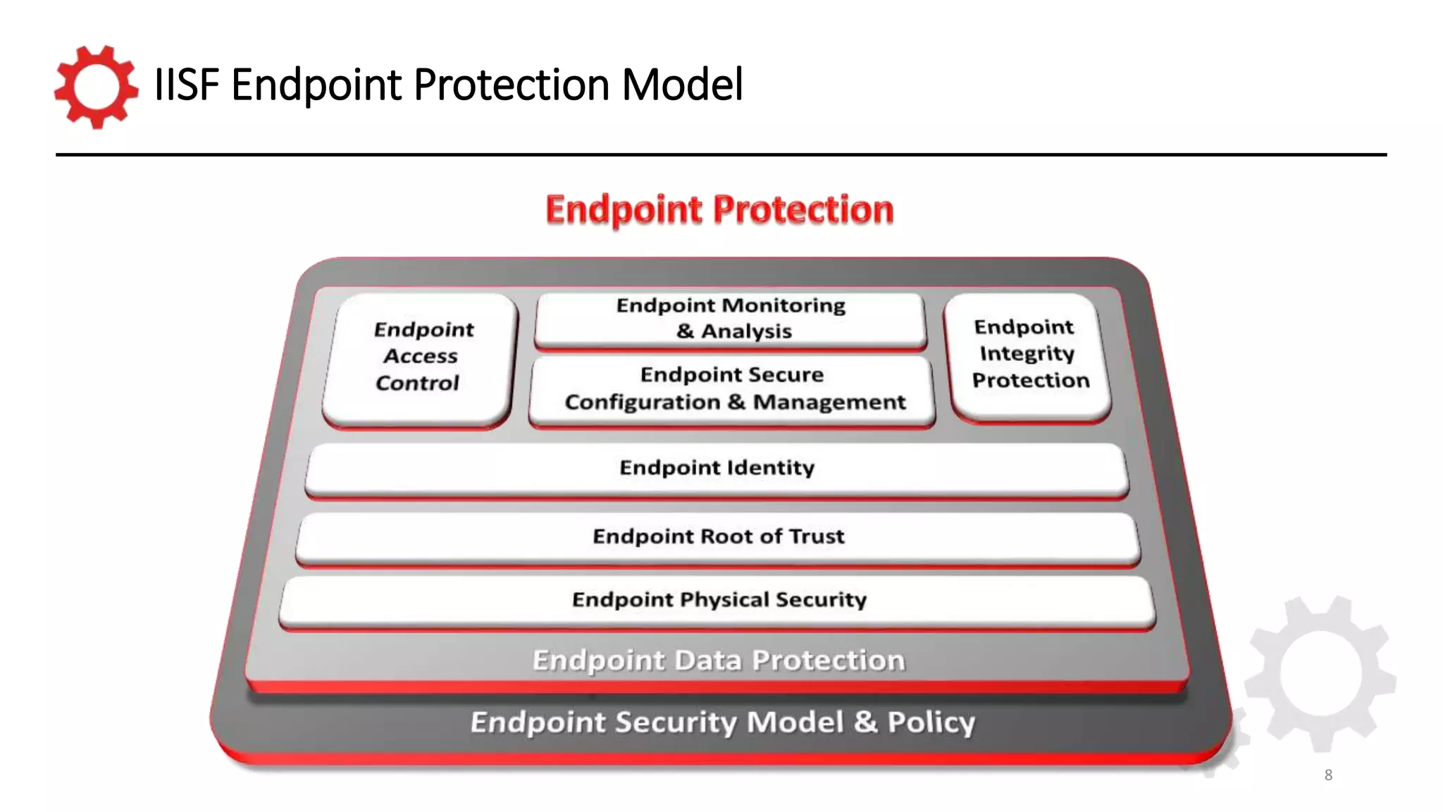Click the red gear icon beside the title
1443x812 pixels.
tap(96, 87)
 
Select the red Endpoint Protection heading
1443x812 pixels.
tap(719, 210)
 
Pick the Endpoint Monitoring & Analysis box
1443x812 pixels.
tap(731, 319)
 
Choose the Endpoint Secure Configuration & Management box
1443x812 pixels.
tap(733, 389)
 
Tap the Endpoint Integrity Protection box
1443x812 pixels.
tap(1029, 354)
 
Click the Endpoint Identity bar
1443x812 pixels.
tap(717, 468)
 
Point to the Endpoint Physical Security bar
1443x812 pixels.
tap(719, 600)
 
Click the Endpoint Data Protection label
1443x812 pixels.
tap(718, 660)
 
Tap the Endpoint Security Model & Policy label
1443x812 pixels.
tap(722, 722)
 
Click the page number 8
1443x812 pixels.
tap(1328, 775)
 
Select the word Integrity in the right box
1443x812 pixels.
tap(1027, 353)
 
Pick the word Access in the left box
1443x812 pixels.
tap(421, 357)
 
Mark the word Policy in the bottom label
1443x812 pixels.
tap(931, 722)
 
